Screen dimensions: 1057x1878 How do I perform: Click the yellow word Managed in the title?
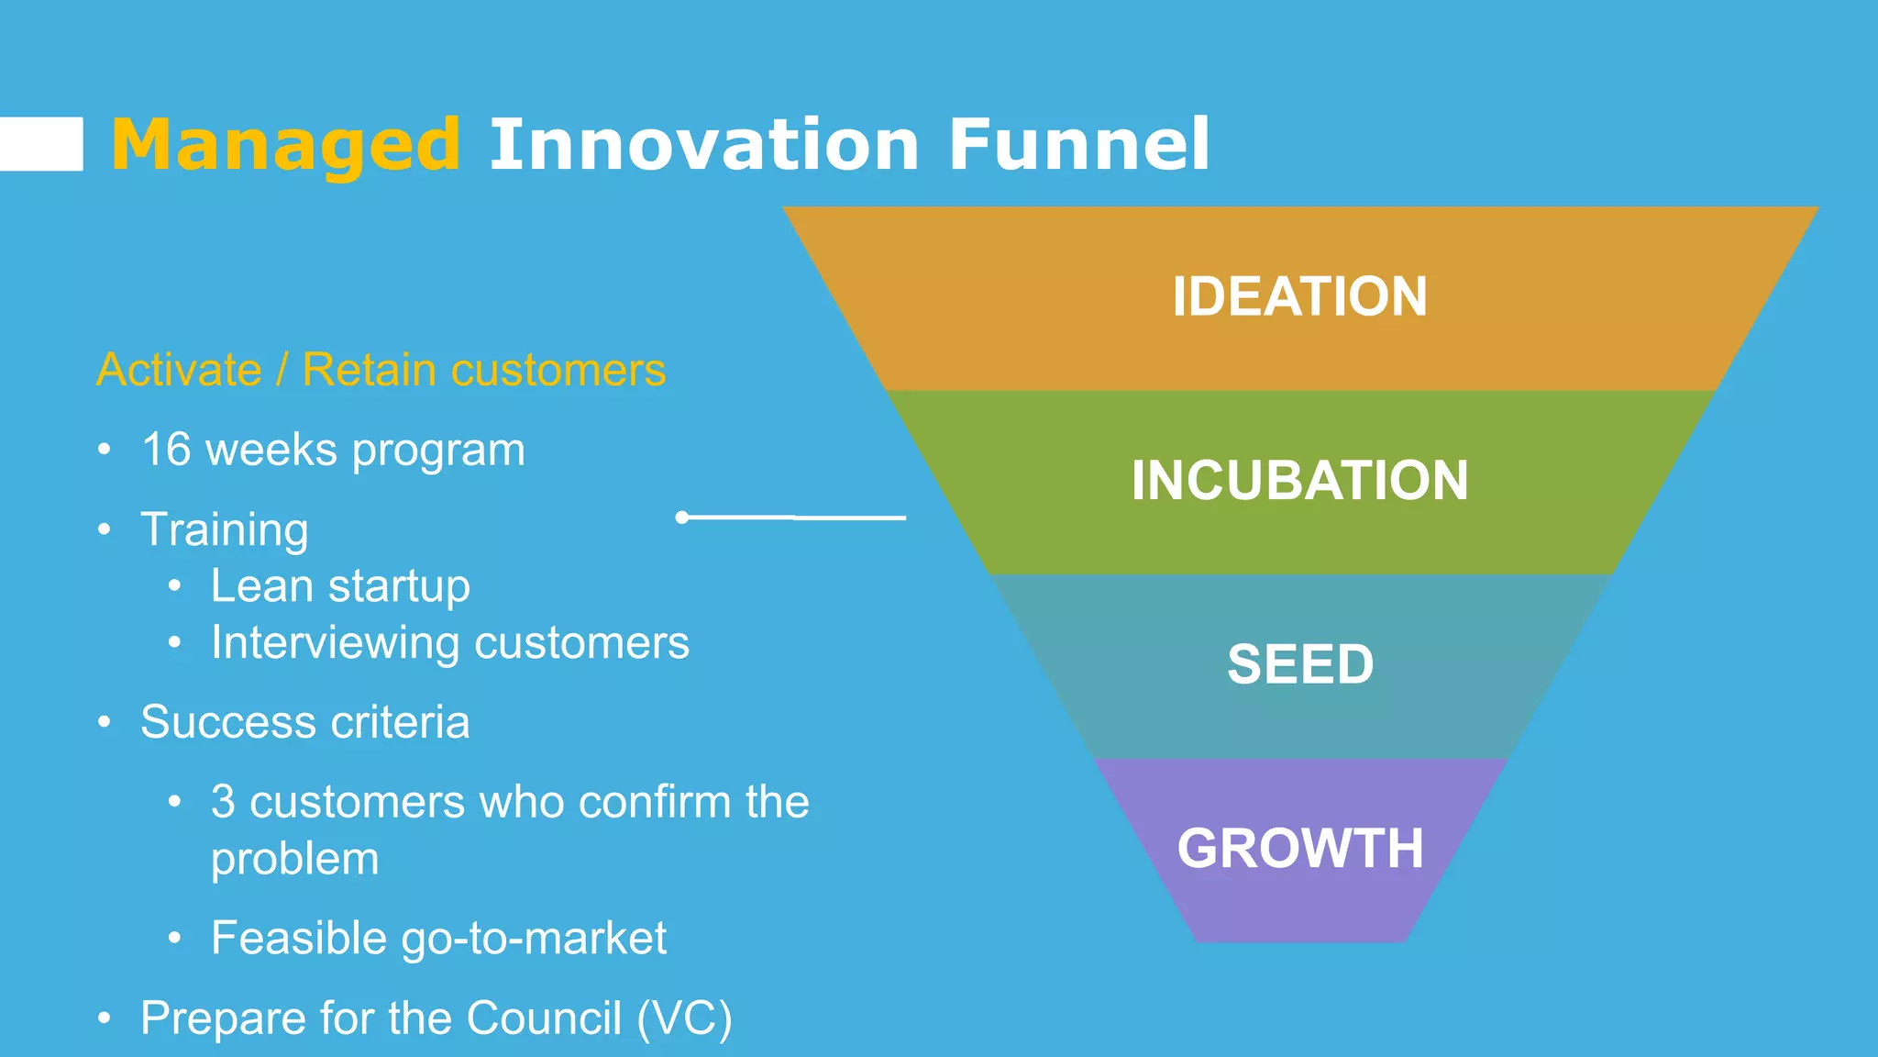tap(284, 145)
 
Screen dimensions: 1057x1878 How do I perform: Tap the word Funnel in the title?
tap(1078, 145)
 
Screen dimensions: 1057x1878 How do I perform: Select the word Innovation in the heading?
tap(703, 145)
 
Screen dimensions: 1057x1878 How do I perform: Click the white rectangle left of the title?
tap(41, 144)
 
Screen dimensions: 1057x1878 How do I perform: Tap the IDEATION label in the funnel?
tap(1299, 296)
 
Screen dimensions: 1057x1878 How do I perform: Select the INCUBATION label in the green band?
tap(1299, 480)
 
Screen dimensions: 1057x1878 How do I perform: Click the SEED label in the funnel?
tap(1299, 663)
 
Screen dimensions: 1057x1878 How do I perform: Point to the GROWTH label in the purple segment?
tap(1299, 848)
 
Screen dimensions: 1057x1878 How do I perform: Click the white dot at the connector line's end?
tap(681, 517)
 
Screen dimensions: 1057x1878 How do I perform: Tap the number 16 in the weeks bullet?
tap(166, 450)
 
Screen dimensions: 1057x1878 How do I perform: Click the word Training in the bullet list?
tap(225, 529)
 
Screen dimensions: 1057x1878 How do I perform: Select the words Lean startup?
tap(340, 586)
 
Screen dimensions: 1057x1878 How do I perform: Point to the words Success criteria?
tap(304, 722)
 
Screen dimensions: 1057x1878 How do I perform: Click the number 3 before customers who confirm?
tap(223, 802)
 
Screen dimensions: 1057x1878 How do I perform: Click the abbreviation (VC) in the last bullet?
tap(684, 1018)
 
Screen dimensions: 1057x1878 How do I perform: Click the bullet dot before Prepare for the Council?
tap(105, 1018)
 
